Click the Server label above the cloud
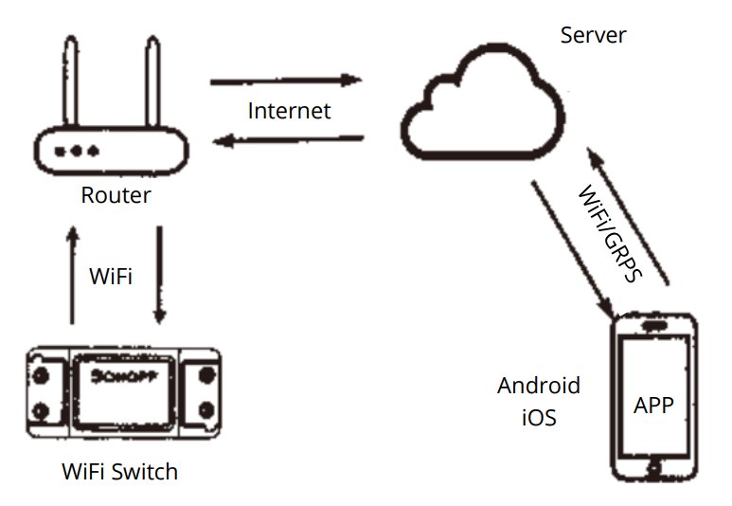593,36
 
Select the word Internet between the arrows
289,111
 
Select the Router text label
116,196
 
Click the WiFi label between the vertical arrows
111,277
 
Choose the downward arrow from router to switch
159,275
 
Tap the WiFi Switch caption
119,471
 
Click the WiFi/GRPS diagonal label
610,233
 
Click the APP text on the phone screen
653,405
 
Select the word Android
538,387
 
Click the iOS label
538,417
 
